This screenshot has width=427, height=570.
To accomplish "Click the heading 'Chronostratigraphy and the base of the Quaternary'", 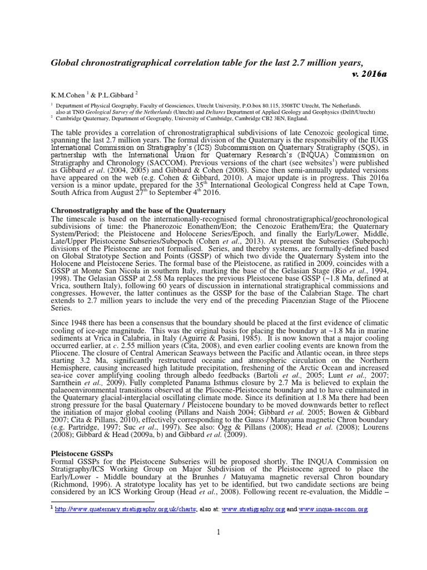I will [x=138, y=210].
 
